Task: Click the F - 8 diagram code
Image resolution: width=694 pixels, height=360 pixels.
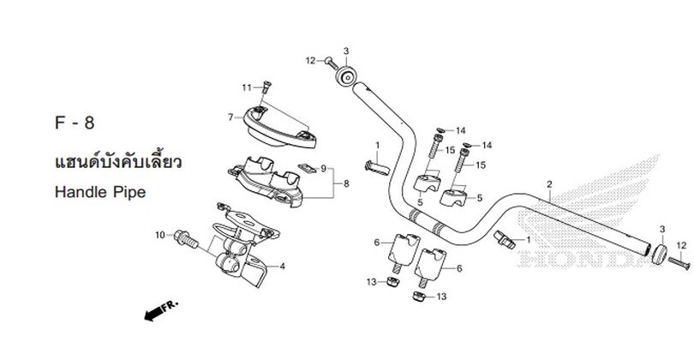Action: coord(75,123)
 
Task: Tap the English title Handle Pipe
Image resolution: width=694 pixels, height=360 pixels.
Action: coord(100,192)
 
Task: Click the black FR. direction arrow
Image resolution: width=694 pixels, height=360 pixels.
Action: coord(161,310)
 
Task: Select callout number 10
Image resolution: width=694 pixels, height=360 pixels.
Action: coord(159,235)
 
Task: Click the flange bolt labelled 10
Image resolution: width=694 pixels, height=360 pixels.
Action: coord(186,238)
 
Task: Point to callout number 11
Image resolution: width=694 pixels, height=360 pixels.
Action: coord(247,87)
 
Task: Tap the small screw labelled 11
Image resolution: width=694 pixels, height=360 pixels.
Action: coord(266,87)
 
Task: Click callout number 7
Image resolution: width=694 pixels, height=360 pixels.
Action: coord(230,117)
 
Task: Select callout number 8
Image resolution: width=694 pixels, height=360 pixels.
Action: coord(346,183)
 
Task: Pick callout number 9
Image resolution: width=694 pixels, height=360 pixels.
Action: coord(324,168)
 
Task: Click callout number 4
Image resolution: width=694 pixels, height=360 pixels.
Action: coord(283,266)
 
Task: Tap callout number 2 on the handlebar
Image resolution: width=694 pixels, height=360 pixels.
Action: coord(549,184)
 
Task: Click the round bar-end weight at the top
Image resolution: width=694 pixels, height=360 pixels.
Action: coord(345,76)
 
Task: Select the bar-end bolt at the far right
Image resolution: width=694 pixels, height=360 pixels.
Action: coord(679,262)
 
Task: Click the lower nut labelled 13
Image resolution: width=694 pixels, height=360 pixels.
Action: coord(419,297)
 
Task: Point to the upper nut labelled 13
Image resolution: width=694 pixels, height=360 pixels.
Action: coord(392,281)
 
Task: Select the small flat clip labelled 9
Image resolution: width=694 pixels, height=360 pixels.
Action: coord(306,168)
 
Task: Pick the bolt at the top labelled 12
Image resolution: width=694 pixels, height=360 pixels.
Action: coord(331,63)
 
